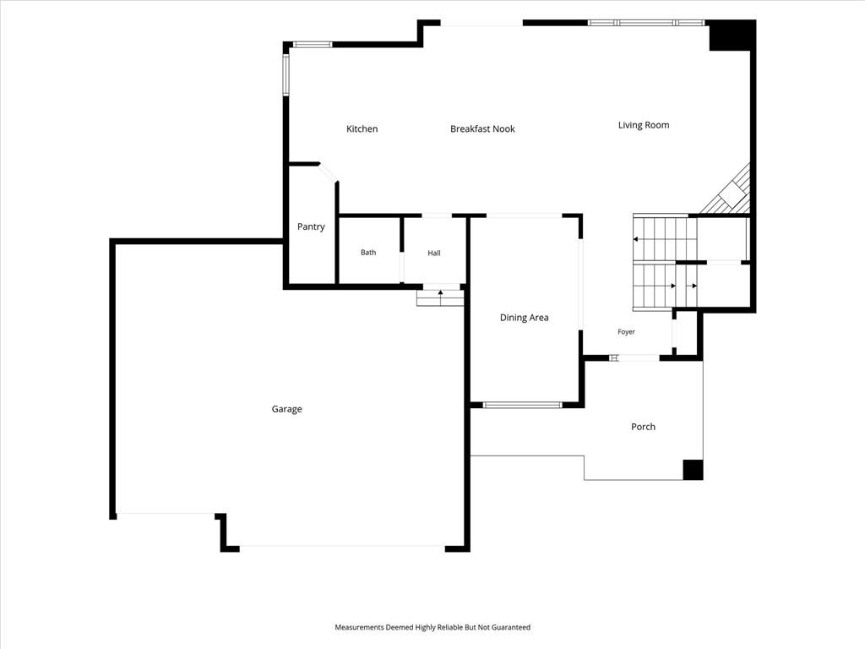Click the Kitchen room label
click(x=362, y=128)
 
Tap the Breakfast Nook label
click(x=482, y=128)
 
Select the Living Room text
click(x=643, y=125)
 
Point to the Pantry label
click(x=311, y=226)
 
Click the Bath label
click(x=368, y=252)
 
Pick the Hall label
click(x=433, y=253)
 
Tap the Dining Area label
click(x=524, y=318)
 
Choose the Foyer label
click(x=626, y=331)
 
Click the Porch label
click(x=643, y=427)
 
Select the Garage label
click(x=286, y=409)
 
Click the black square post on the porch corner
click(x=693, y=470)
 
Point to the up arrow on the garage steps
click(x=440, y=293)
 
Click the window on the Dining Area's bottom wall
click(x=522, y=405)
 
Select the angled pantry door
click(x=329, y=172)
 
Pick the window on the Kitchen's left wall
click(x=286, y=75)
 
